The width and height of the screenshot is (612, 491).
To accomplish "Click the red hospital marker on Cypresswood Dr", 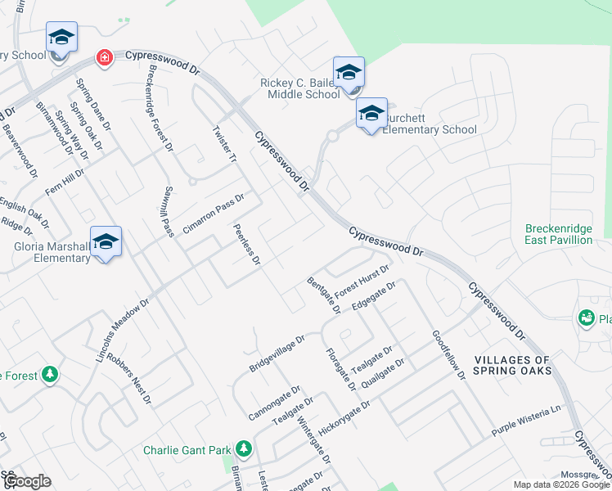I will click(x=104, y=57).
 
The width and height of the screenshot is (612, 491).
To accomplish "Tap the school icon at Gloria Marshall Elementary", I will click(x=106, y=241).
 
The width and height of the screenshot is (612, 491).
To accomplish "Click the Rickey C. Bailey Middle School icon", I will click(x=349, y=73).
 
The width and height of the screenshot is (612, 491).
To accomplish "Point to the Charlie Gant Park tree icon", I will click(x=243, y=449).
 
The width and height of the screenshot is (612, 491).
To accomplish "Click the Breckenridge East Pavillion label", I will click(x=559, y=234).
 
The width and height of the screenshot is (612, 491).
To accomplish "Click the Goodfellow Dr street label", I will click(x=448, y=354).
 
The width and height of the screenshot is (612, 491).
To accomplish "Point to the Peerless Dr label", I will click(x=246, y=245).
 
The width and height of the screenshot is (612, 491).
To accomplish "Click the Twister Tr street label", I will click(x=224, y=145).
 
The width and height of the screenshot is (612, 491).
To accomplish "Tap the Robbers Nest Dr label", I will click(x=129, y=379).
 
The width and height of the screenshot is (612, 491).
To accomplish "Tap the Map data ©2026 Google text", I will click(x=560, y=484).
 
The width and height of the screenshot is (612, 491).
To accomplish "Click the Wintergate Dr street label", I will click(x=313, y=443).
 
